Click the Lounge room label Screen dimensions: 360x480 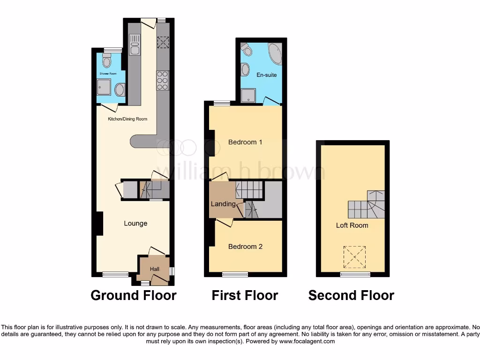pos(135,224)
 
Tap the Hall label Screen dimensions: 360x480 pos(155,270)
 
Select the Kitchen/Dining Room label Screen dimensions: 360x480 pos(127,119)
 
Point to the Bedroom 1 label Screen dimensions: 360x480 pos(245,142)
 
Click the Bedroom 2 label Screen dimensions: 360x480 pos(245,247)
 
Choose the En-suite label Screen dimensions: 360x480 pos(266,75)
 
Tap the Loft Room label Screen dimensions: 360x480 pos(352,225)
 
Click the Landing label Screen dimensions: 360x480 pos(223,204)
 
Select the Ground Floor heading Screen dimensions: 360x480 pos(134,295)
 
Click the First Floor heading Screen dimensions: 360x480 pos(245,295)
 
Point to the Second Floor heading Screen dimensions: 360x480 pos(351,295)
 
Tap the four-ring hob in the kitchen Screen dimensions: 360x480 pos(163,80)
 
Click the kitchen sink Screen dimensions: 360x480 pos(135,47)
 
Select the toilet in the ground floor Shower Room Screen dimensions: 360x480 pos(107,61)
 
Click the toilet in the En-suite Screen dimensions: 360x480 pos(246,49)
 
